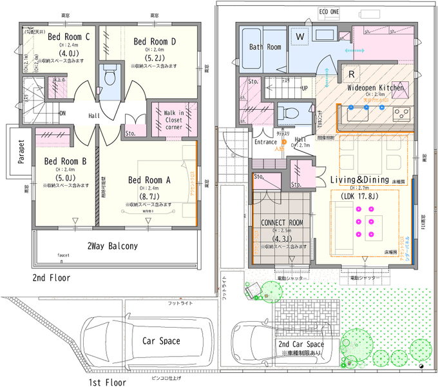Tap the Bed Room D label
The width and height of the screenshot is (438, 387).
coord(155,41)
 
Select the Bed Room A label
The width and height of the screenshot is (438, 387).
coord(149,179)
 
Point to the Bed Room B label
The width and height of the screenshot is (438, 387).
coord(65,161)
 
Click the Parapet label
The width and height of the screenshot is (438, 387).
coord(21,153)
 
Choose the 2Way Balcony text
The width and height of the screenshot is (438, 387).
coord(113,246)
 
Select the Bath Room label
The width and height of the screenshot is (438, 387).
coord(265,47)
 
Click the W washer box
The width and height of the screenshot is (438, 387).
coord(300,37)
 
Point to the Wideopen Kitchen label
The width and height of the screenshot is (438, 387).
coord(375,87)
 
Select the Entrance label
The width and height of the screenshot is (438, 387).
coord(265,142)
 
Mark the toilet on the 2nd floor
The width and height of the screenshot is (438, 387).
coord(109,76)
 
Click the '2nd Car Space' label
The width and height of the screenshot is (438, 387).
coord(301,344)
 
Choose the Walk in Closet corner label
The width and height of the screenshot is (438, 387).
coord(173,121)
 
